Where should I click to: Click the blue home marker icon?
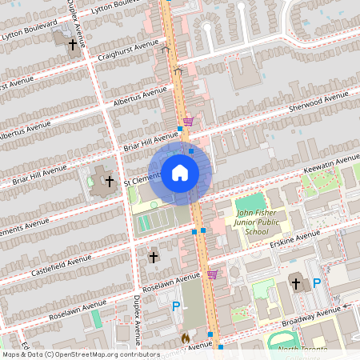click(x=180, y=173)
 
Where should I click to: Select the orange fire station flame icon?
click(x=186, y=339)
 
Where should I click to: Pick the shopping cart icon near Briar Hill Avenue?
click(x=188, y=122)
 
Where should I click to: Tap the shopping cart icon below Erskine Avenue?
click(x=212, y=274)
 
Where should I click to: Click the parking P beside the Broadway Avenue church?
click(x=317, y=282)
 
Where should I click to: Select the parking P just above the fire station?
click(x=176, y=306)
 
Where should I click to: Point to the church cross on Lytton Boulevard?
click(x=73, y=45)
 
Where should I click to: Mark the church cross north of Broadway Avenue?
click(x=296, y=283)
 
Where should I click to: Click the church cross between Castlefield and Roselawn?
click(x=154, y=258)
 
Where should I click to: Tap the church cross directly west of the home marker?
click(x=109, y=182)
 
